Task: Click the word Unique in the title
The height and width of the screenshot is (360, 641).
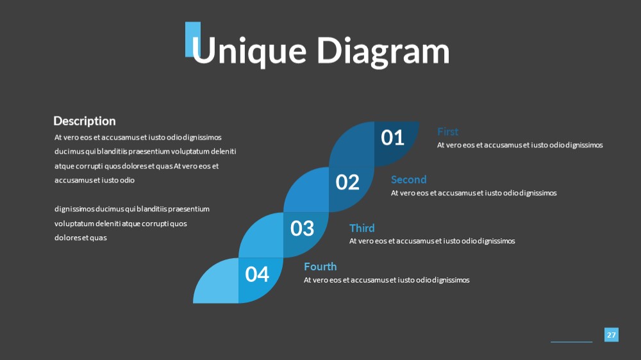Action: pyautogui.click(x=249, y=51)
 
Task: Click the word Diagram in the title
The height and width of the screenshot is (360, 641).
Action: pyautogui.click(x=383, y=51)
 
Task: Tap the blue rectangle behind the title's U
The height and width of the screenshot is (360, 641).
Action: pyautogui.click(x=192, y=39)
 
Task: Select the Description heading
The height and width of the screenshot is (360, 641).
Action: pyautogui.click(x=85, y=121)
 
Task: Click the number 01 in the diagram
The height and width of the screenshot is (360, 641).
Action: pyautogui.click(x=392, y=138)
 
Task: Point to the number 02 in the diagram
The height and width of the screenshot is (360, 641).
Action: pyautogui.click(x=347, y=183)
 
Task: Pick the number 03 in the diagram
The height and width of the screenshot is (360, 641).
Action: pyautogui.click(x=302, y=229)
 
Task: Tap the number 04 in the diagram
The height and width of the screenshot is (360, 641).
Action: pyautogui.click(x=257, y=274)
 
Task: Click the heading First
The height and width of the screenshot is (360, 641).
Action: pyautogui.click(x=447, y=132)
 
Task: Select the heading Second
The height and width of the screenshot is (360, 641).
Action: pyautogui.click(x=408, y=180)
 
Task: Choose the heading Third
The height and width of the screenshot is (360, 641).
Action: pyautogui.click(x=362, y=228)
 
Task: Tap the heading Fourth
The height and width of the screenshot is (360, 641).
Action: pyautogui.click(x=320, y=266)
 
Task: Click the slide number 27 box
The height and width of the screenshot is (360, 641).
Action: pyautogui.click(x=611, y=334)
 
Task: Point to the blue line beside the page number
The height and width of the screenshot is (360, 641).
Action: pyautogui.click(x=572, y=341)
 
